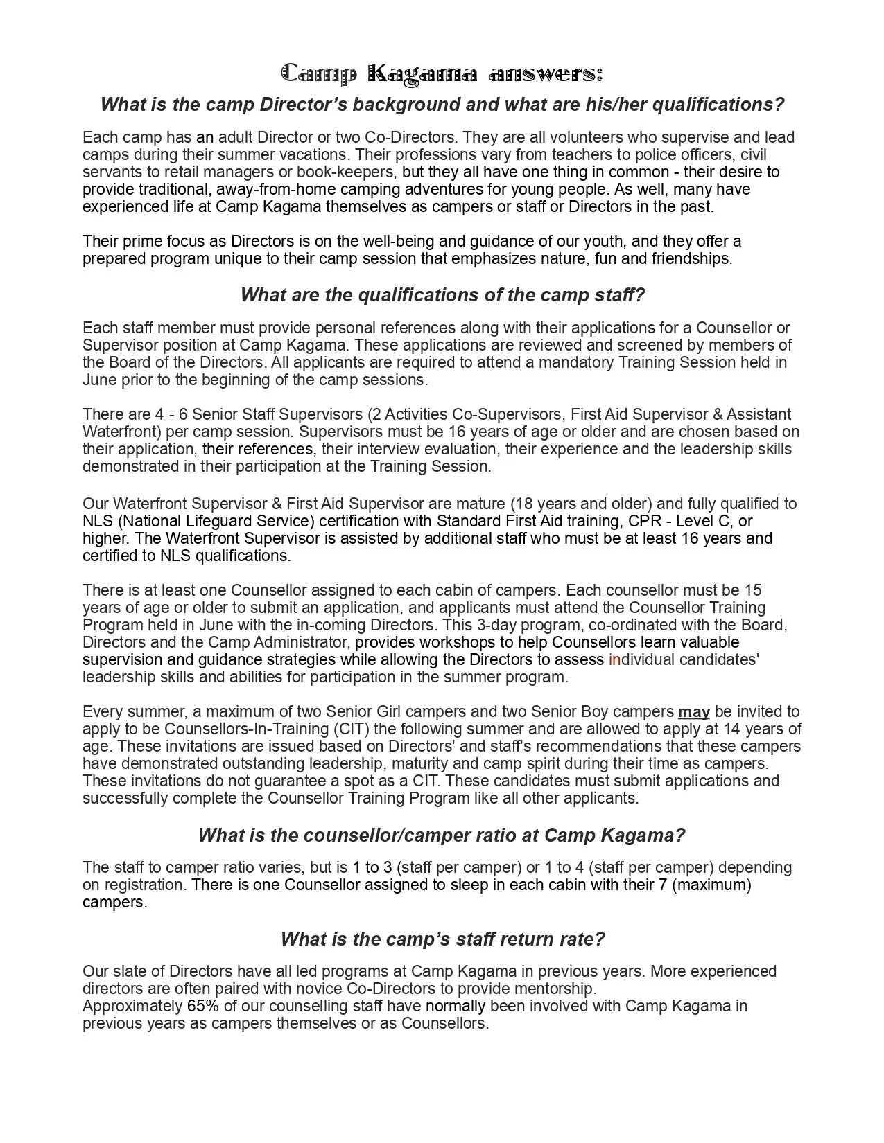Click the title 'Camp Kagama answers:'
(x=442, y=73)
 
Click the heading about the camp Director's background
(x=442, y=105)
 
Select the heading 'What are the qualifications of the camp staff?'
(x=442, y=295)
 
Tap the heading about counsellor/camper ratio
(x=442, y=835)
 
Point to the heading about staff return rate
(x=442, y=939)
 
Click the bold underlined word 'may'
(x=693, y=712)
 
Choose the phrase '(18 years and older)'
(x=581, y=504)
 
